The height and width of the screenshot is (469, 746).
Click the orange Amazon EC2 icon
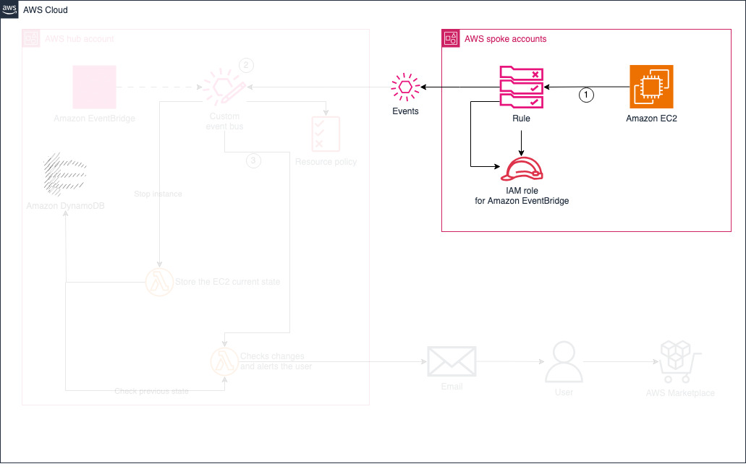point(651,87)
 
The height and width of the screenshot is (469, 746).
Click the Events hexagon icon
point(404,87)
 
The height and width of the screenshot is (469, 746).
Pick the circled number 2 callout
point(246,65)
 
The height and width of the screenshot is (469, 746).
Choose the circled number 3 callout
point(253,160)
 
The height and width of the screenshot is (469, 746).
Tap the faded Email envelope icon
point(452,361)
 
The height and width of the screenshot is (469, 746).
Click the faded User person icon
point(564,363)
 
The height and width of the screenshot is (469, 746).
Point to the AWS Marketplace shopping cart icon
point(679,361)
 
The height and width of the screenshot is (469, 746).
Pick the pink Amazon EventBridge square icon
point(94,87)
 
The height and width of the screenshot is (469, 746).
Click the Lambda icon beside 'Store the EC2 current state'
point(158,281)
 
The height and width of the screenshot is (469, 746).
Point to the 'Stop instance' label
point(158,194)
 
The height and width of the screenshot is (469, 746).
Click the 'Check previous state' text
point(151,391)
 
